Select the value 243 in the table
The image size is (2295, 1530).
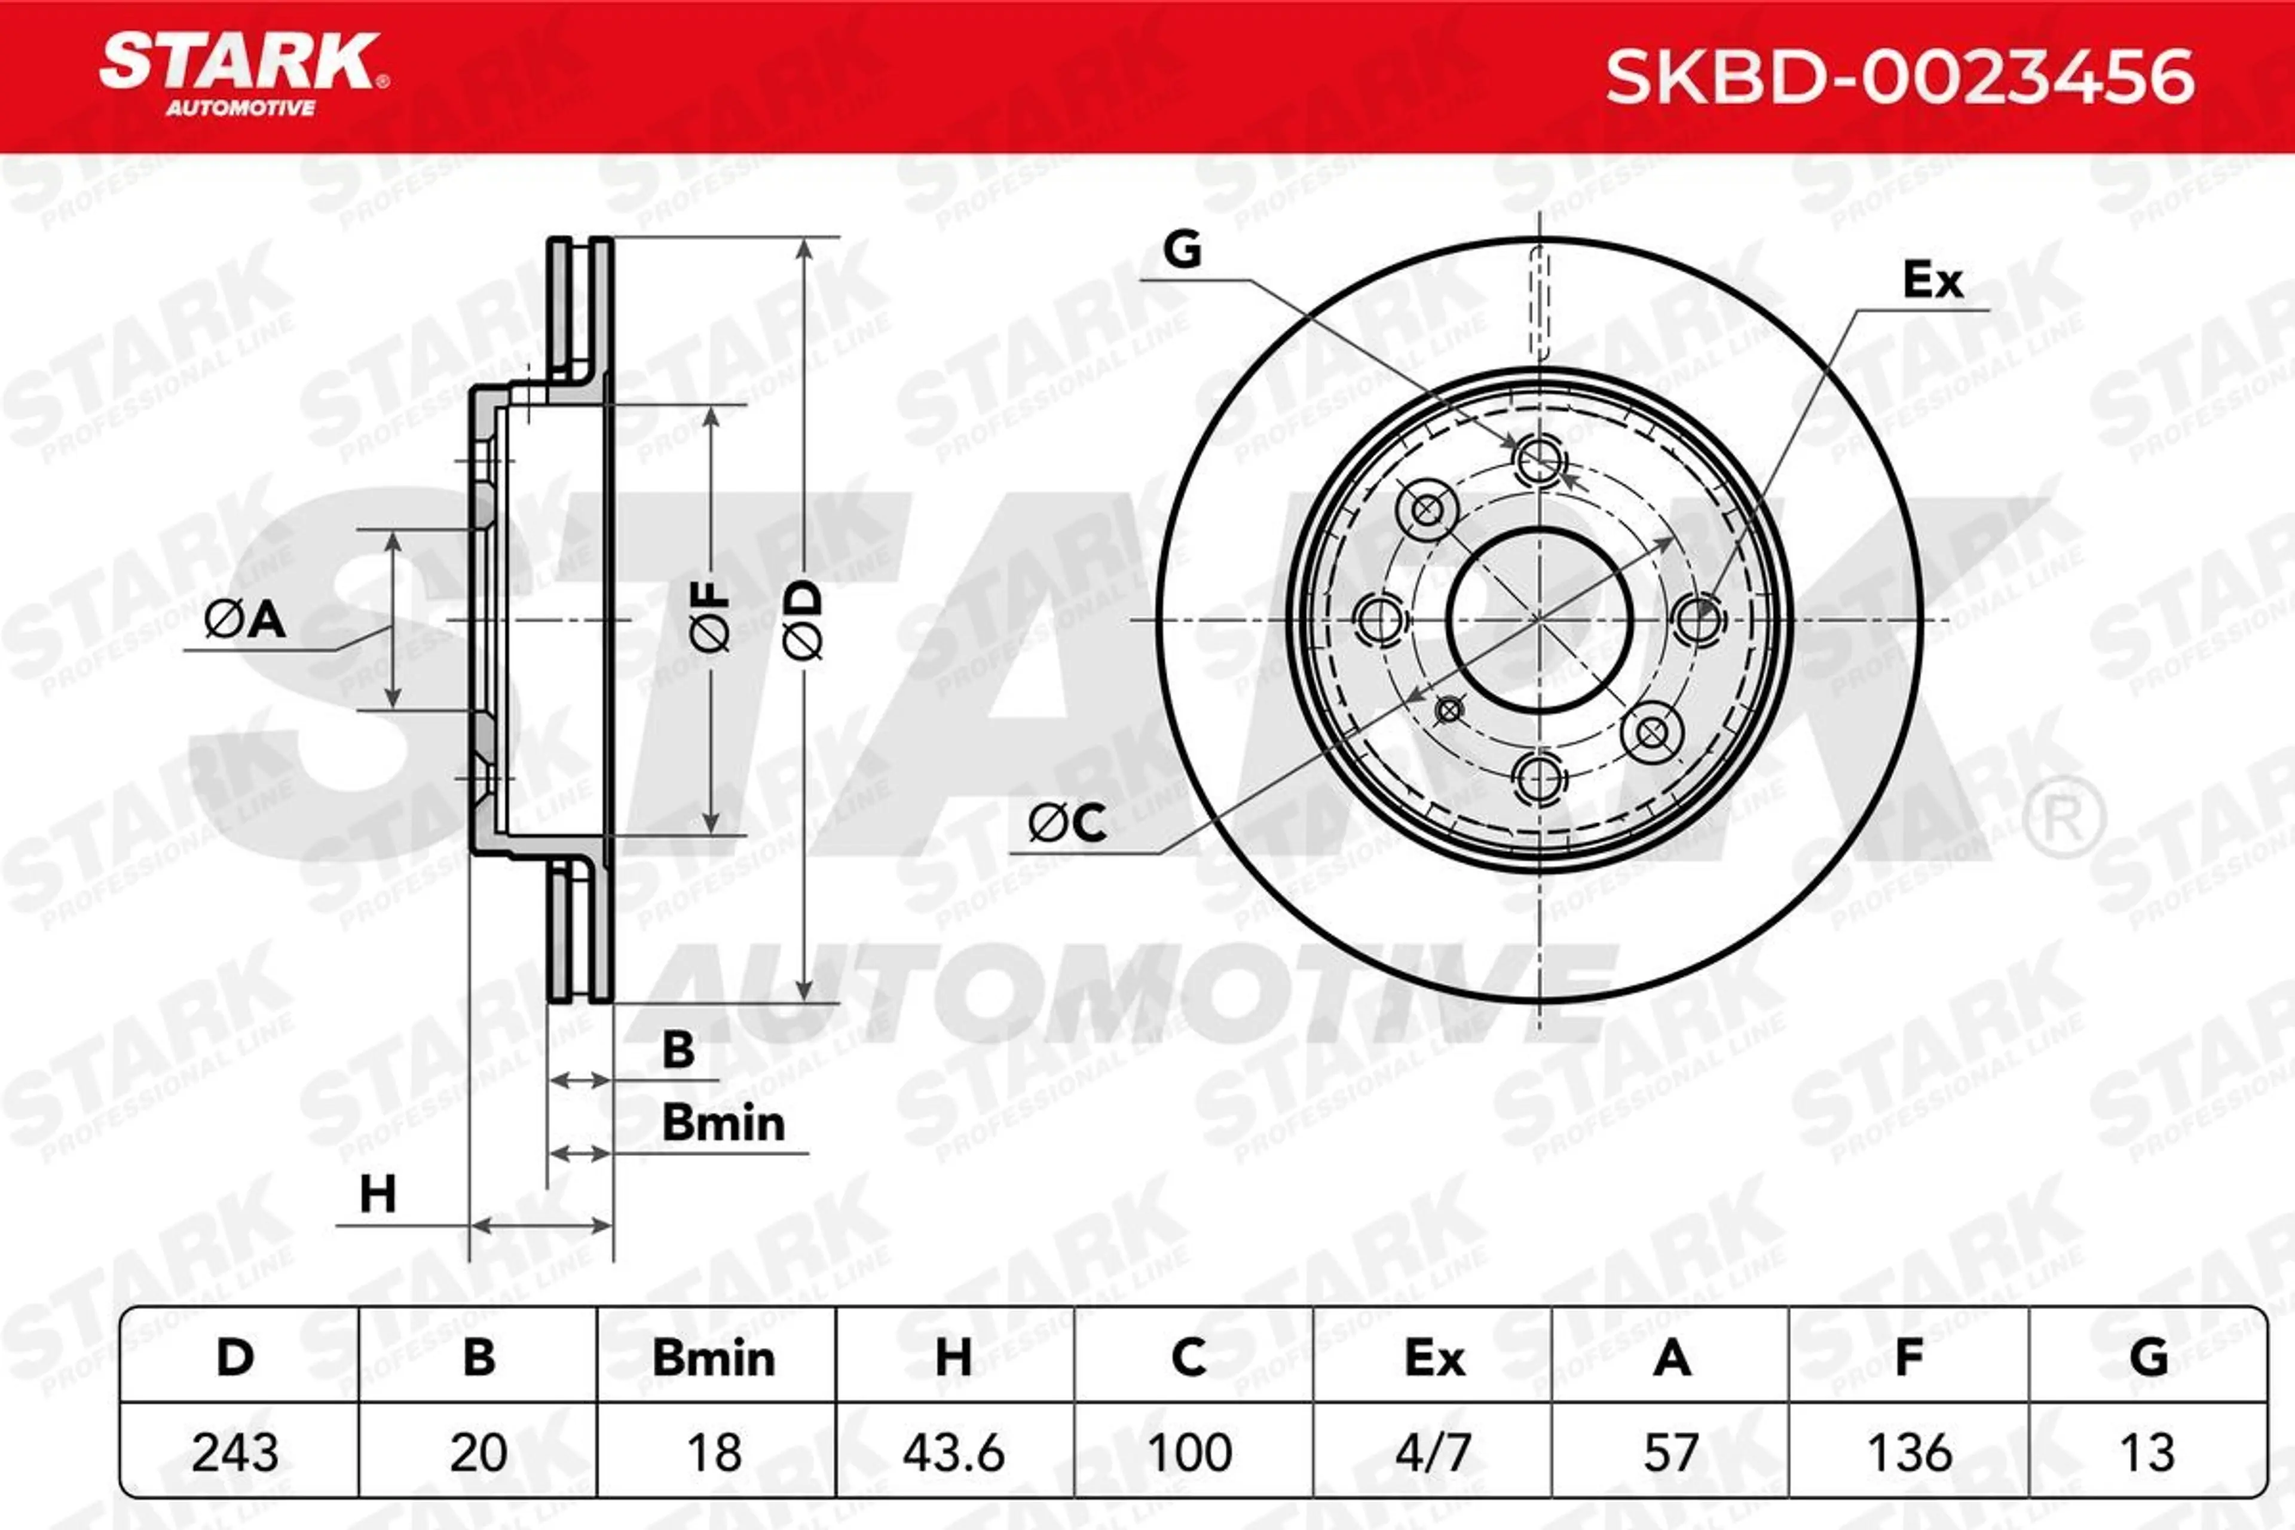[235, 1452]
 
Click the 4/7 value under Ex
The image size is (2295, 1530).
[1433, 1452]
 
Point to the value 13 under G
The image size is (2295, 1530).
[2147, 1452]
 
